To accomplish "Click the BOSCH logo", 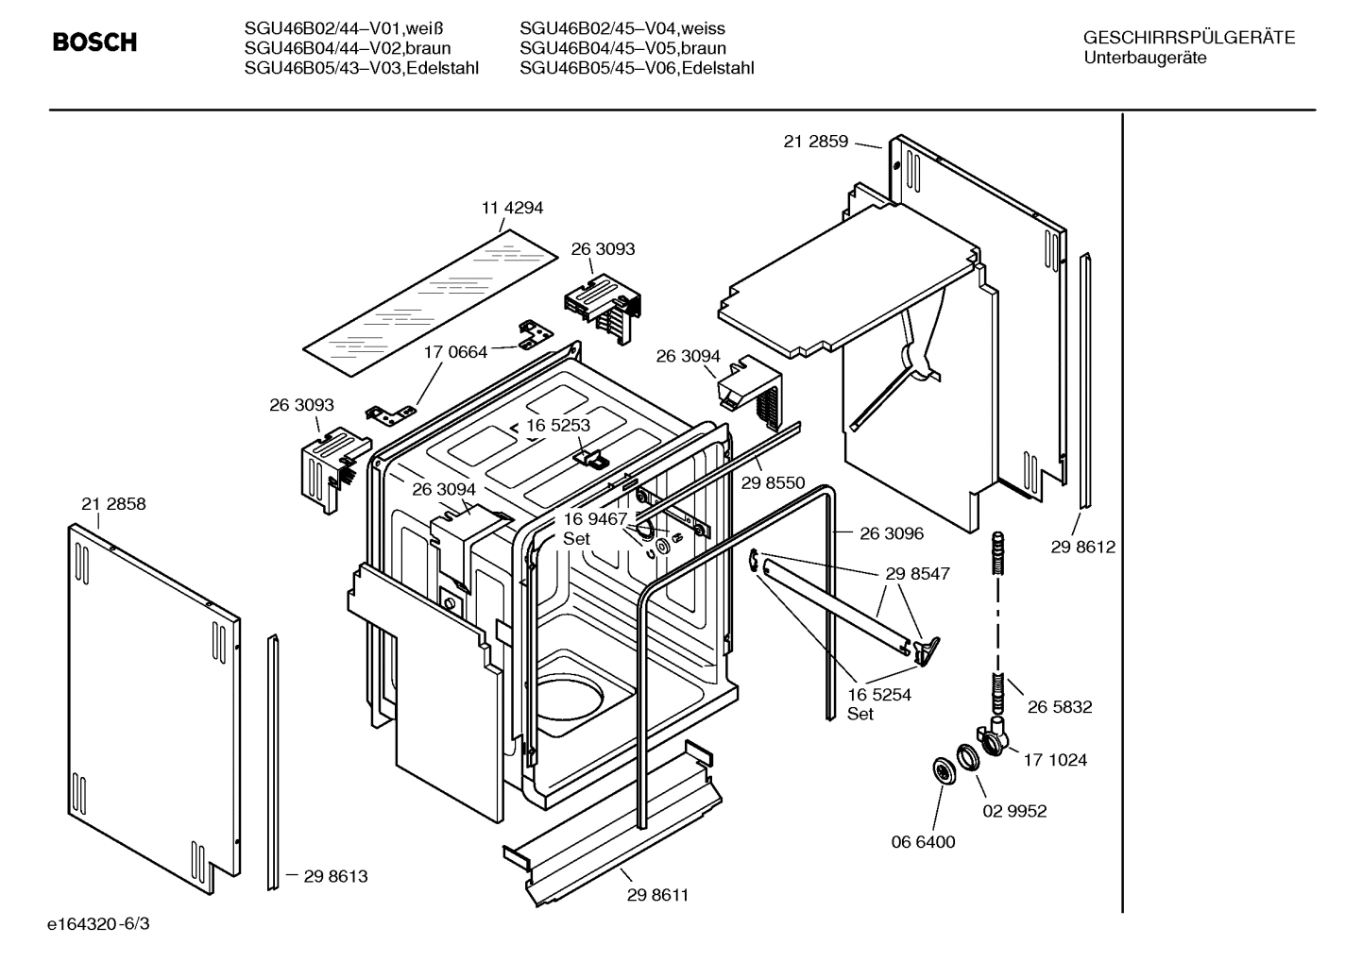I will click(94, 42).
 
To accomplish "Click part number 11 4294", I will click(512, 208).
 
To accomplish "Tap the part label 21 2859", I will click(816, 142).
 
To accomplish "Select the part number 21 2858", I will click(113, 504).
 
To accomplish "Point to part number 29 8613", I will click(335, 876).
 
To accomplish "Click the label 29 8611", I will click(657, 895).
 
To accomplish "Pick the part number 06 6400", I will click(924, 842).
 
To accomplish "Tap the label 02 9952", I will click(1014, 811).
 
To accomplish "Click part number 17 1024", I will click(1055, 760).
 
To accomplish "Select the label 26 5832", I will click(1060, 707).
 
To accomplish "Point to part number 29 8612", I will click(1082, 547).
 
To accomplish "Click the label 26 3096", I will click(892, 533).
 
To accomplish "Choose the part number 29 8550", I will click(773, 483).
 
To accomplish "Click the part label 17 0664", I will click(455, 352).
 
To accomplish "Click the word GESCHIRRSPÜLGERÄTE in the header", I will click(1188, 39).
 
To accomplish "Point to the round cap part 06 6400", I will click(943, 770).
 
